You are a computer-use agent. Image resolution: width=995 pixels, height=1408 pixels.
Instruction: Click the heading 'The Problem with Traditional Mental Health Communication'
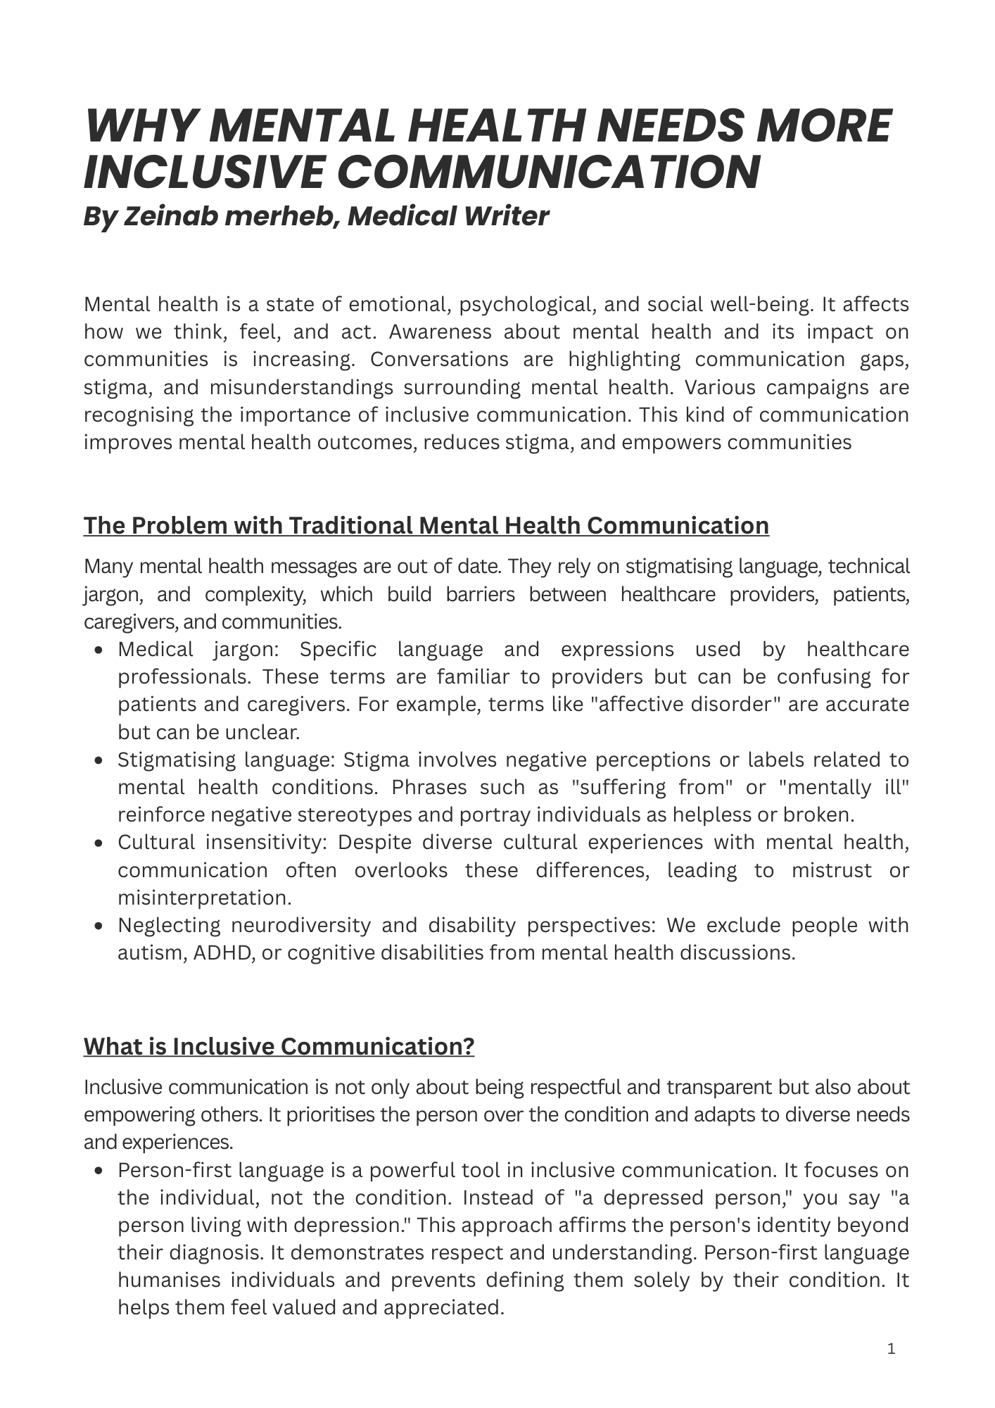click(x=426, y=526)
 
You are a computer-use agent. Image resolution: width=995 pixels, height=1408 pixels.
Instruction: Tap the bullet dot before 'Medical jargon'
click(x=99, y=650)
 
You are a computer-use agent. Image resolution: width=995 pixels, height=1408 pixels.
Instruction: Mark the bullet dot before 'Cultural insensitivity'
click(x=99, y=843)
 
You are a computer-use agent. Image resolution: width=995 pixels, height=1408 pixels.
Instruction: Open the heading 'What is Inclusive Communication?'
click(x=279, y=1047)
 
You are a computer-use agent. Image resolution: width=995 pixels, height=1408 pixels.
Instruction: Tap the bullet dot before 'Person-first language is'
click(x=99, y=1171)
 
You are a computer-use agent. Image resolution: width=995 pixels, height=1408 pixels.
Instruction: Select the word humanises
click(x=168, y=1280)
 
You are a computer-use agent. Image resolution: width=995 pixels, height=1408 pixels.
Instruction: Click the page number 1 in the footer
click(x=892, y=1350)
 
